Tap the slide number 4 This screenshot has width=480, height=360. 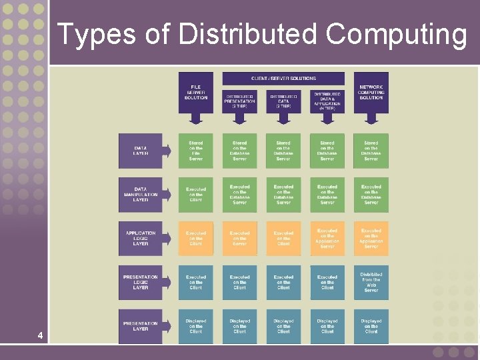[x=41, y=335]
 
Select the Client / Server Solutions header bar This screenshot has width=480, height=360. [x=283, y=78]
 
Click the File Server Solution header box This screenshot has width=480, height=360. [x=195, y=93]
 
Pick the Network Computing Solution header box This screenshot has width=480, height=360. [x=371, y=93]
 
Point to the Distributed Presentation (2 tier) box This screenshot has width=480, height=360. [x=239, y=100]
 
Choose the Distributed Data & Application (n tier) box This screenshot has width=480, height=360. [x=327, y=100]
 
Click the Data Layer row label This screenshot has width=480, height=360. [x=141, y=151]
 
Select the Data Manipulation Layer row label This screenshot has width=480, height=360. [x=141, y=195]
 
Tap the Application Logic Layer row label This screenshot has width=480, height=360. [x=141, y=239]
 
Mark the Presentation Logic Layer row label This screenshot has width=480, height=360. [x=141, y=283]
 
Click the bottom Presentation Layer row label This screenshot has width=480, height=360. [x=141, y=326]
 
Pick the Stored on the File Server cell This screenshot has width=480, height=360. [x=195, y=151]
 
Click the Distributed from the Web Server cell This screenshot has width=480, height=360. [x=371, y=283]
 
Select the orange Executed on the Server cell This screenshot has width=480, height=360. [x=239, y=239]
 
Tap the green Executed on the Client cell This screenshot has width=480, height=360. [x=195, y=195]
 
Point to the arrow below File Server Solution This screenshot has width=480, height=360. [x=195, y=118]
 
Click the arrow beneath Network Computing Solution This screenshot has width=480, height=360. [x=371, y=118]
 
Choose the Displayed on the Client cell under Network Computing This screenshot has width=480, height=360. [x=371, y=326]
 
